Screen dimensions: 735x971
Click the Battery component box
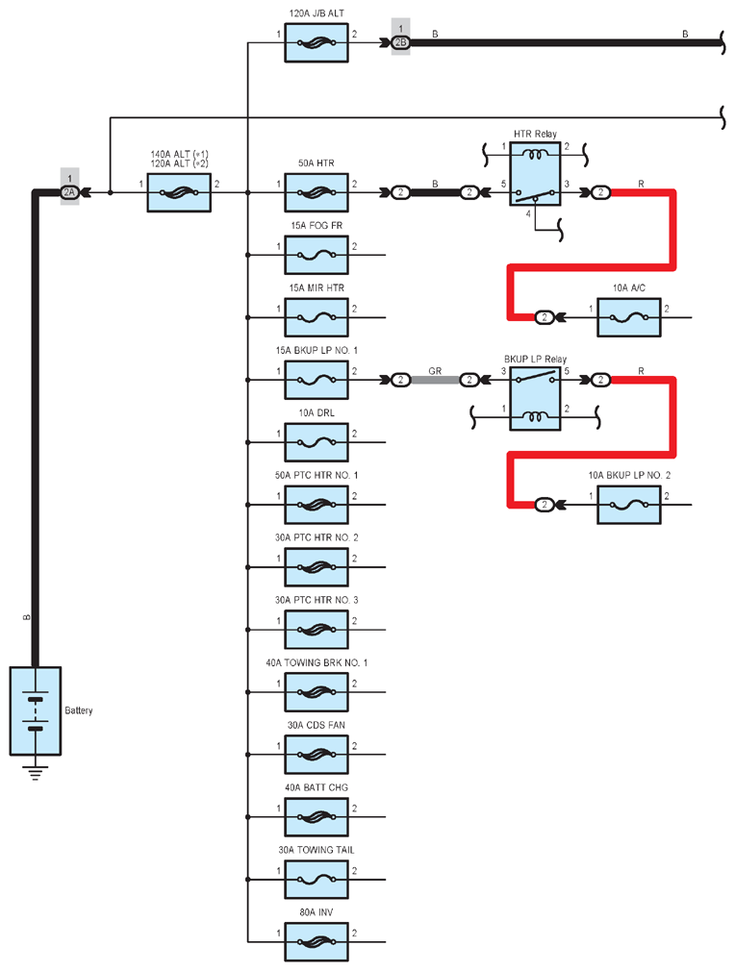click(x=36, y=710)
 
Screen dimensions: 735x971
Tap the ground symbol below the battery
click(x=36, y=773)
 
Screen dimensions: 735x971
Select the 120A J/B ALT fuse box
click(x=317, y=42)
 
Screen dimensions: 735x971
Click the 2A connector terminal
click(x=69, y=192)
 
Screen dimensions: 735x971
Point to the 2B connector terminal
click(x=400, y=42)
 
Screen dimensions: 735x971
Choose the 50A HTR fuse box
click(x=317, y=192)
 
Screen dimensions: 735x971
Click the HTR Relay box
click(x=536, y=174)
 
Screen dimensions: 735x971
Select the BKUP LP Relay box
click(x=536, y=399)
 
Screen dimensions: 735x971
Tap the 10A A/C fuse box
click(x=628, y=317)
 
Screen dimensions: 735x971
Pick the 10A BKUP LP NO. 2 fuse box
click(x=628, y=505)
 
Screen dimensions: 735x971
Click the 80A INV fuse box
click(x=317, y=942)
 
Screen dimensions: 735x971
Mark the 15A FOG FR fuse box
click(x=317, y=255)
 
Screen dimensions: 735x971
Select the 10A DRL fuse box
click(x=317, y=442)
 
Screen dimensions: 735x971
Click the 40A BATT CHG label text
click(x=317, y=787)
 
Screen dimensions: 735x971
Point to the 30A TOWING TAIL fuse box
click(x=317, y=880)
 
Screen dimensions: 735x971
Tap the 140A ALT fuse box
click(x=179, y=192)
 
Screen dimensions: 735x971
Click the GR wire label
click(x=435, y=371)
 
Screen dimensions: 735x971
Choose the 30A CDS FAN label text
click(x=317, y=725)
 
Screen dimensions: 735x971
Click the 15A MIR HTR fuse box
click(x=317, y=317)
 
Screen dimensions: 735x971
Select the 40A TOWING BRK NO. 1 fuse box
click(x=317, y=692)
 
